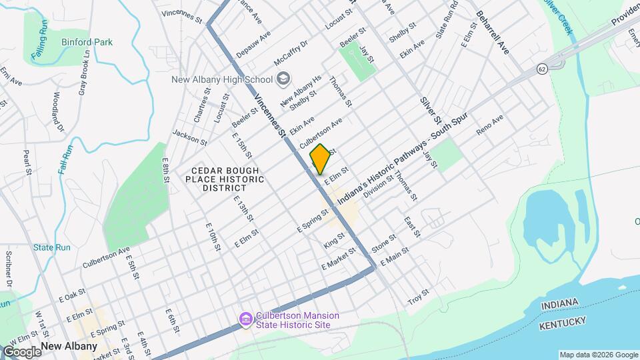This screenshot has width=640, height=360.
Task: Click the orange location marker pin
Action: (320, 159)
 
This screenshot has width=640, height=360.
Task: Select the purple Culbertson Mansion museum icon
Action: (247, 320)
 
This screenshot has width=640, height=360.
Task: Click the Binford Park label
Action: (87, 42)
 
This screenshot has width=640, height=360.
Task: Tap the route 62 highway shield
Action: (543, 68)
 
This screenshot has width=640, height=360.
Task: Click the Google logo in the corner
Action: (21, 351)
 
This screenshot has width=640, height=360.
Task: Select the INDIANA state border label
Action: (559, 304)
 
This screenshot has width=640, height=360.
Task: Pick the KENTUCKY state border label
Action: (564, 323)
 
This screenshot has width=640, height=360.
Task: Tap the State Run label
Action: (52, 247)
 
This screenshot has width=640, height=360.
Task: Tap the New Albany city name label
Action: (69, 346)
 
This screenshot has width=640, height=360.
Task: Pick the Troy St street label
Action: (419, 297)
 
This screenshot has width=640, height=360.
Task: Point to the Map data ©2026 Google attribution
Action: (598, 355)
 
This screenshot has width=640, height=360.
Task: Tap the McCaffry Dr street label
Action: (291, 54)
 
